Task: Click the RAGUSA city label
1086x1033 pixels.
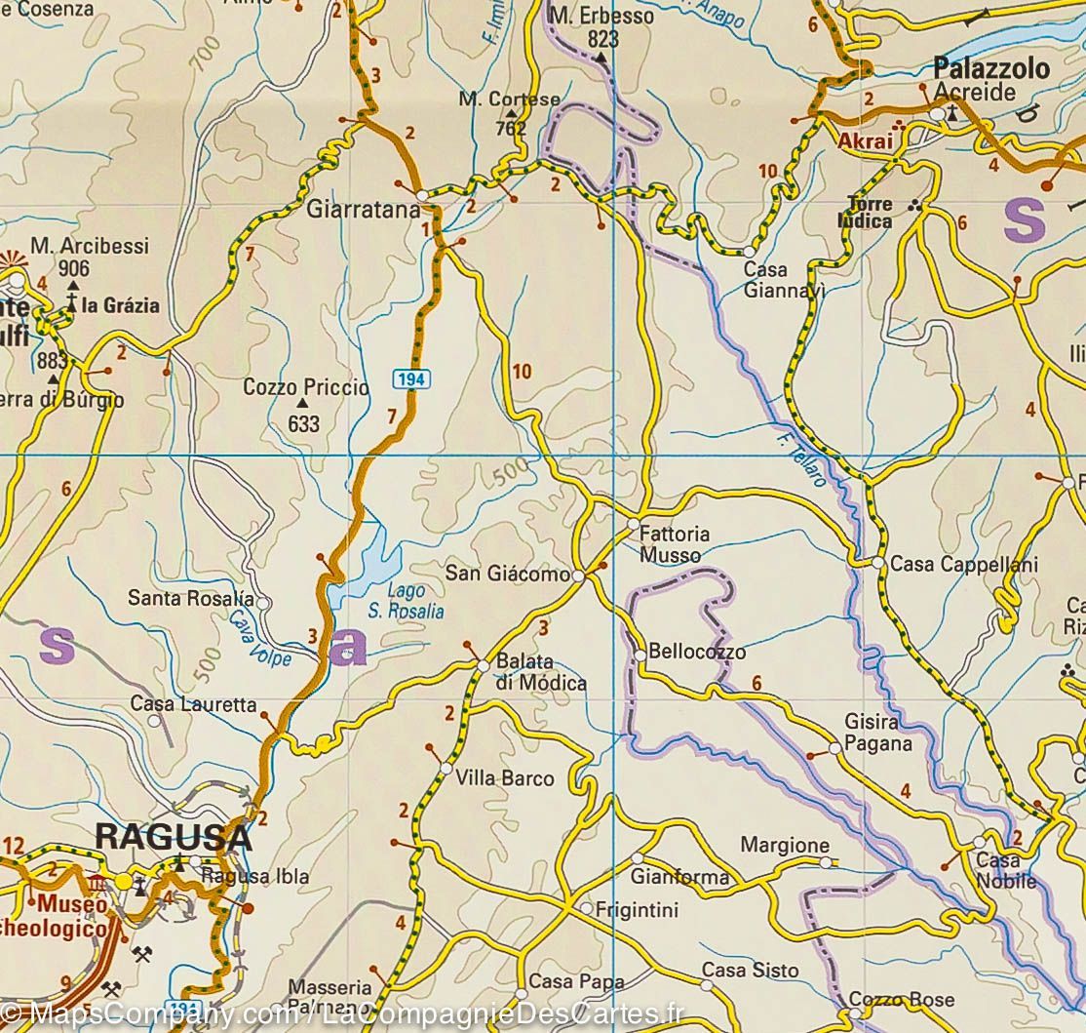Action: point(174,837)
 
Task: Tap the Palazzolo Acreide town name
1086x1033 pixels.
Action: point(990,79)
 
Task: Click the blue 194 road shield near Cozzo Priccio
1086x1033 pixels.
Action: point(412,377)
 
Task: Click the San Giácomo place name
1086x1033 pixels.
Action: point(507,575)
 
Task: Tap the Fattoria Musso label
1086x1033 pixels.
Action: point(675,544)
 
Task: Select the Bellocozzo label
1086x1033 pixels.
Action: point(697,652)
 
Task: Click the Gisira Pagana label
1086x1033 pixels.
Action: point(878,733)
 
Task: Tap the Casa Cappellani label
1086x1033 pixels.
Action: point(964,565)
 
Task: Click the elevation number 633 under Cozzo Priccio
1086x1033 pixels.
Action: point(303,424)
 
